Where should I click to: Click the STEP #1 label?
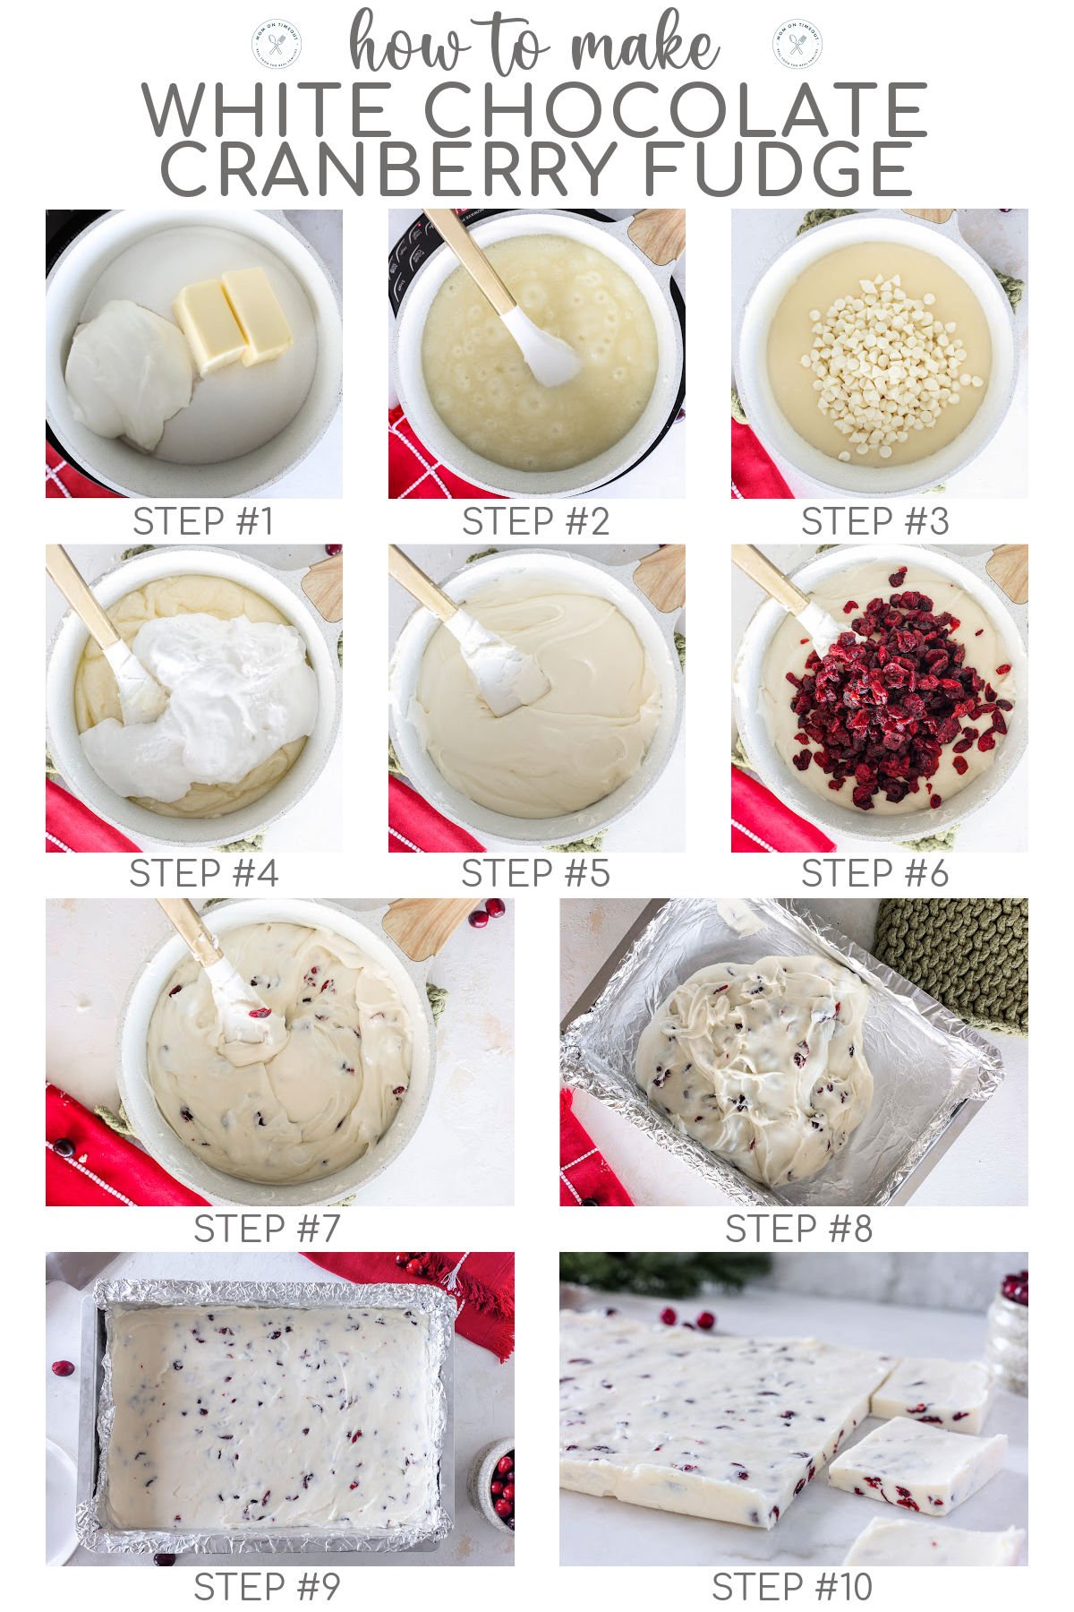coord(203,522)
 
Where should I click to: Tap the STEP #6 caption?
coord(874,874)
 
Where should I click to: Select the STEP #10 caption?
coord(792,1588)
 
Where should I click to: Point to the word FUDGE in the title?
coord(779,170)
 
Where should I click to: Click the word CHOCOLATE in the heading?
coord(676,110)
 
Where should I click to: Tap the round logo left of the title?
coord(277,43)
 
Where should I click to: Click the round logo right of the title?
coord(797,43)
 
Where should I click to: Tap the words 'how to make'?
coord(533,45)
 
